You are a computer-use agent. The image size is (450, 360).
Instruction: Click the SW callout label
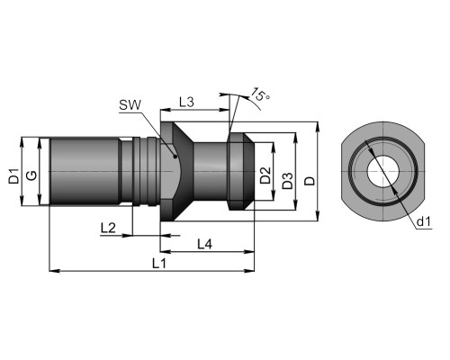(x=130, y=105)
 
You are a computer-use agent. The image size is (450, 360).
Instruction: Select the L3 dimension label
(x=186, y=103)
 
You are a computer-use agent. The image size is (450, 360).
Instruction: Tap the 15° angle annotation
(x=259, y=94)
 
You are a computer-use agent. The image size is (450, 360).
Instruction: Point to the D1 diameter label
(x=13, y=176)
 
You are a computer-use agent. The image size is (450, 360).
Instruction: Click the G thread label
(x=31, y=175)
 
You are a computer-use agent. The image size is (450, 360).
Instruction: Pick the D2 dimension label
(x=265, y=175)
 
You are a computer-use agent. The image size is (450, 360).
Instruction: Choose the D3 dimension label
(x=287, y=181)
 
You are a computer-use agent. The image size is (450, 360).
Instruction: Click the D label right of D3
(x=310, y=181)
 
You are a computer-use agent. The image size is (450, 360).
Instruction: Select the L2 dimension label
(x=108, y=229)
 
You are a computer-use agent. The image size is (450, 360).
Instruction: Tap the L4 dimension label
(x=205, y=245)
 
